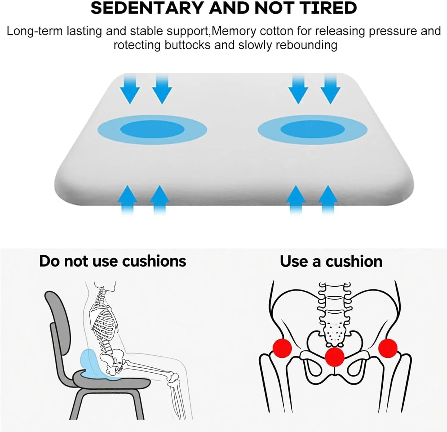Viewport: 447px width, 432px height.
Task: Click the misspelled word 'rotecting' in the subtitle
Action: (x=138, y=45)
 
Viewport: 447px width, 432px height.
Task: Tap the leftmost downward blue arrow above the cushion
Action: (x=130, y=89)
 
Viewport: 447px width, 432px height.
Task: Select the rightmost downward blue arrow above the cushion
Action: (x=330, y=89)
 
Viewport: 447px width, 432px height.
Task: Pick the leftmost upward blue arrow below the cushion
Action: (x=128, y=199)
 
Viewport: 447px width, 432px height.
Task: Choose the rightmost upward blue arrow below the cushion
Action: (x=328, y=199)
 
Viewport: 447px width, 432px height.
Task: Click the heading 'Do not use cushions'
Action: (x=113, y=261)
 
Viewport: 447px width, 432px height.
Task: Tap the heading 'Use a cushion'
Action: (x=331, y=261)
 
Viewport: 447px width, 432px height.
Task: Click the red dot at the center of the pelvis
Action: (x=335, y=357)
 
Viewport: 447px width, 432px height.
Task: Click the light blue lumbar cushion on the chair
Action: (x=92, y=365)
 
